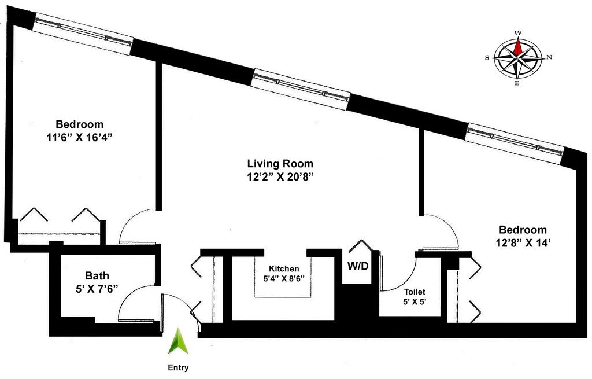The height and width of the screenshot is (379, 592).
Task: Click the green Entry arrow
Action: tap(179, 341)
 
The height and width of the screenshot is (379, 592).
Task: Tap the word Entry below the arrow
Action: tap(178, 367)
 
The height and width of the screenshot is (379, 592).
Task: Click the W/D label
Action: tap(358, 266)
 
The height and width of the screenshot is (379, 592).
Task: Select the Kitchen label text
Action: tap(284, 268)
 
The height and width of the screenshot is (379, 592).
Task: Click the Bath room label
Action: tap(97, 275)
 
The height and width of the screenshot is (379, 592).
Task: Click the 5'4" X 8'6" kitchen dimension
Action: tap(284, 278)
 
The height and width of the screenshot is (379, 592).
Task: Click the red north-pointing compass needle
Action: tap(519, 47)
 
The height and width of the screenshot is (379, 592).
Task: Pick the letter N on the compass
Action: tap(549, 57)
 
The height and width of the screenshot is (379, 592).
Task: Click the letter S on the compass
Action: tap(487, 57)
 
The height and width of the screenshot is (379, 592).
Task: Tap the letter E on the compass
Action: tap(517, 83)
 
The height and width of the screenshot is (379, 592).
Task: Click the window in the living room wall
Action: tap(301, 90)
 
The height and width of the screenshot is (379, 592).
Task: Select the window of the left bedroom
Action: tap(83, 34)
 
